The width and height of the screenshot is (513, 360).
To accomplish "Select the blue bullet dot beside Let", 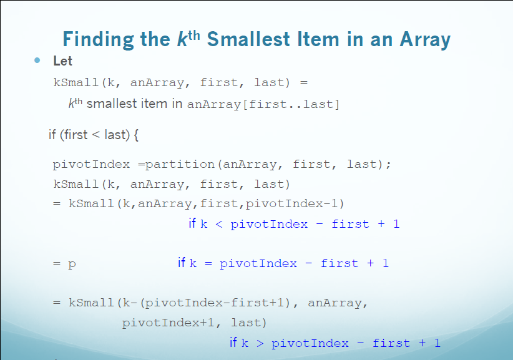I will pyautogui.click(x=37, y=61).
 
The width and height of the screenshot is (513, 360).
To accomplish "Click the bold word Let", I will pyautogui.click(x=62, y=61).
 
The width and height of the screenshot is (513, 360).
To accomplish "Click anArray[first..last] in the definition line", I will pyautogui.click(x=263, y=104).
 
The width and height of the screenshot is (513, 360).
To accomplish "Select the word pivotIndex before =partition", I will pyautogui.click(x=91, y=165).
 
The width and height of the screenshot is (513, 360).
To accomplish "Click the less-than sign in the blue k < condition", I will pyautogui.click(x=218, y=224).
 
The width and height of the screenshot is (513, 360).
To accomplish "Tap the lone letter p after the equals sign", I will pyautogui.click(x=72, y=264).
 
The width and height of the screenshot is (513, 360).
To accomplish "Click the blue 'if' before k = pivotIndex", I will pyautogui.click(x=182, y=263).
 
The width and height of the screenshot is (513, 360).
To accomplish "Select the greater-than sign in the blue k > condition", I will pyautogui.click(x=260, y=343).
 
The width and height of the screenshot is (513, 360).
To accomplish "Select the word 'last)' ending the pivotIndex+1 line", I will pyautogui.click(x=249, y=323).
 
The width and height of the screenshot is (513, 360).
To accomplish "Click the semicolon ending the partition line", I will pyautogui.click(x=389, y=165).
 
